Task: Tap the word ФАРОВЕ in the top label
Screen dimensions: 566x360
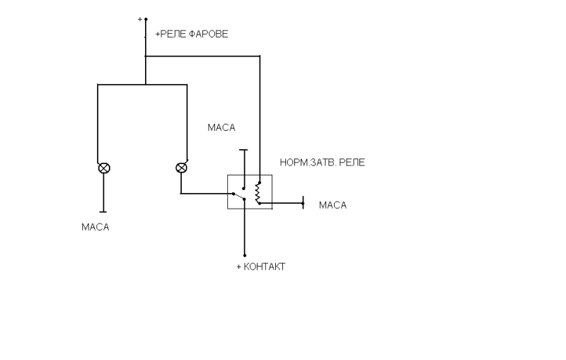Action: (x=209, y=34)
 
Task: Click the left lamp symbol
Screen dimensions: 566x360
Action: (x=104, y=168)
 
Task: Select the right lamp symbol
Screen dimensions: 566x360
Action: (x=181, y=168)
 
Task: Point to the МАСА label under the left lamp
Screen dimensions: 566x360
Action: (x=96, y=227)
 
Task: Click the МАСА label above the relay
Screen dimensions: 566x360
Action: (x=221, y=127)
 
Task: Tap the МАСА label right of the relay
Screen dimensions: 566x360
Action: (x=333, y=205)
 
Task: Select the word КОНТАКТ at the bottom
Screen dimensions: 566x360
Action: (x=265, y=267)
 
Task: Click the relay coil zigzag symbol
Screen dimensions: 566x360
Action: (x=258, y=193)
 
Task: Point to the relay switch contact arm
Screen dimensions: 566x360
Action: (x=238, y=197)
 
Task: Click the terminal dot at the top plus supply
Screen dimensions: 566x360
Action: (x=146, y=19)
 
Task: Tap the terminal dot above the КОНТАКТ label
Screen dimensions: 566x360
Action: (x=245, y=255)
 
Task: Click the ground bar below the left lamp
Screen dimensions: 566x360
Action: (x=103, y=211)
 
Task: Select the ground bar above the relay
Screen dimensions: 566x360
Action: (x=244, y=150)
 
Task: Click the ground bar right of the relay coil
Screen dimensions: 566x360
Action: (x=303, y=203)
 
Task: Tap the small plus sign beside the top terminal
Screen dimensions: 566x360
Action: (x=139, y=19)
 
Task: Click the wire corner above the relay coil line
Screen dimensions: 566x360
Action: (x=260, y=56)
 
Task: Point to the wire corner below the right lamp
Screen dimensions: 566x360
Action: (x=181, y=194)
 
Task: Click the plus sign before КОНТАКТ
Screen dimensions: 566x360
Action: (x=238, y=267)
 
